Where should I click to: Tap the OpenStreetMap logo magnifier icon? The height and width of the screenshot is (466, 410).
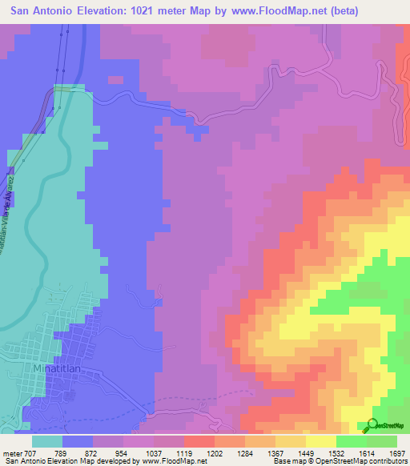click(x=372, y=424)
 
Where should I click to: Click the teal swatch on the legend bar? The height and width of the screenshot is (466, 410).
click(x=47, y=440)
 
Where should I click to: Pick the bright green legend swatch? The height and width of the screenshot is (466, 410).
click(x=352, y=440)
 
